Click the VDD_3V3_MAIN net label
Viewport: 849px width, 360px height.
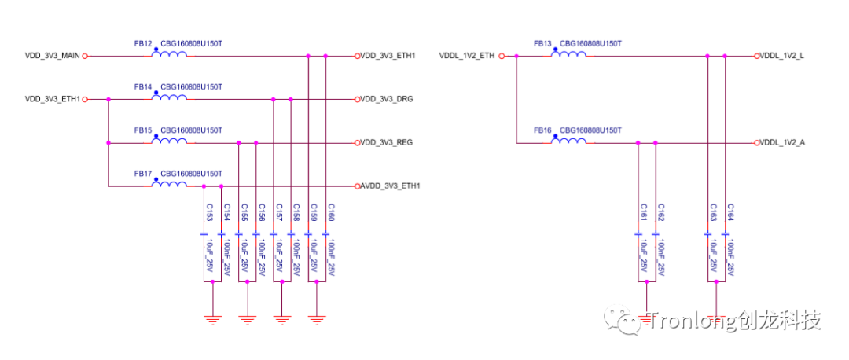53,56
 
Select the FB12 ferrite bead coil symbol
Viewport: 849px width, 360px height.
169,54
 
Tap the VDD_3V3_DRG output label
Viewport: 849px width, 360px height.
387,100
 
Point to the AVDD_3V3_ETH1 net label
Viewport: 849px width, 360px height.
391,186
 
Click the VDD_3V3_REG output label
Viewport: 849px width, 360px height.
387,143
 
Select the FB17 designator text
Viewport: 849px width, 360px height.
143,173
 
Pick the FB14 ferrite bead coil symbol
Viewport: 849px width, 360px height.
169,97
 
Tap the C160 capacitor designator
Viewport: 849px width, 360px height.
330,212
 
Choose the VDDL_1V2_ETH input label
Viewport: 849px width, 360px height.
467,56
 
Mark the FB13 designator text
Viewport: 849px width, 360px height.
542,43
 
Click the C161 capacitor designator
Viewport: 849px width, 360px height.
643,212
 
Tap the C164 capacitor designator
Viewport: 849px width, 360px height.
730,212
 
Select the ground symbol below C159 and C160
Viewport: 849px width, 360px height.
316,318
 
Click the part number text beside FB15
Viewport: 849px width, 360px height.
191,130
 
